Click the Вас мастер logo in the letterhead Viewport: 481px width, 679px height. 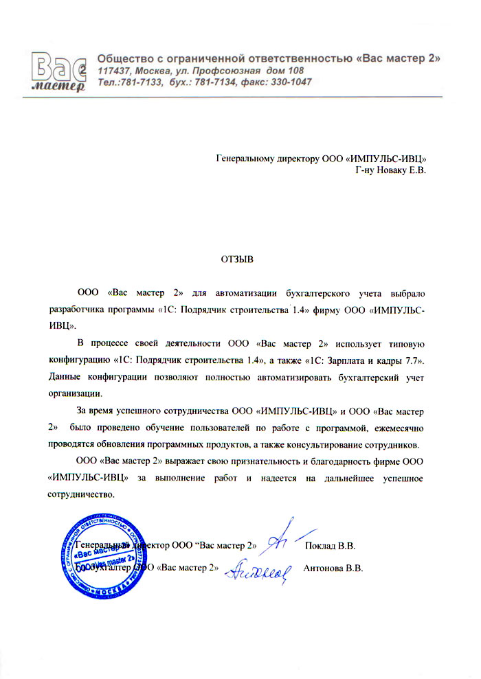tap(58, 71)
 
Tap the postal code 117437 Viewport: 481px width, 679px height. tap(115, 71)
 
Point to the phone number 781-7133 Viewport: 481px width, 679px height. tap(141, 82)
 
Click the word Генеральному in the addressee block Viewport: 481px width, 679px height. tap(243, 159)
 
